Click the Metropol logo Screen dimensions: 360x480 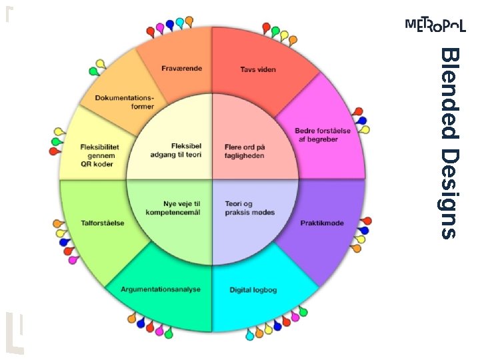click(435, 25)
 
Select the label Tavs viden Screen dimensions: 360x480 click(258, 69)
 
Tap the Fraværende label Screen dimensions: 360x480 click(182, 68)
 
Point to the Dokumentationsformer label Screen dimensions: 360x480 click(124, 102)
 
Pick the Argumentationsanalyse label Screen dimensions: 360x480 click(157, 289)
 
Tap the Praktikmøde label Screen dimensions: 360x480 click(322, 223)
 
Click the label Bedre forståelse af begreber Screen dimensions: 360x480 click(323, 135)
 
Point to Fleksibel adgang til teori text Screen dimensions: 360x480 click(175, 150)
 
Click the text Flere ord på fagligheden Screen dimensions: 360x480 click(245, 151)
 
